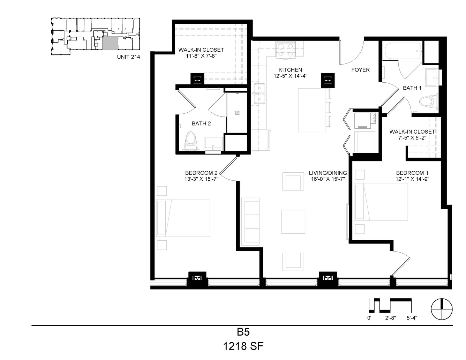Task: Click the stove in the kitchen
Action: coord(286,50)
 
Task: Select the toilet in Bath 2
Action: coord(191,141)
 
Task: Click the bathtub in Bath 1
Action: coord(403,51)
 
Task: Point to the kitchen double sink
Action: coord(259,94)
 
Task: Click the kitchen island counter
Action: coord(312,110)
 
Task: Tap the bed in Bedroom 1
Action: coord(381,202)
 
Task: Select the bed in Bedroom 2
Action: coord(183,218)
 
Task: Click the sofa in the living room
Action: coord(250,222)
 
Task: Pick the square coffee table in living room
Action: coord(293,222)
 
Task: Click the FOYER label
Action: coord(361,70)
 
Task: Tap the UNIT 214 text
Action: coord(128,57)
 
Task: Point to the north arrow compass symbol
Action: coord(442,309)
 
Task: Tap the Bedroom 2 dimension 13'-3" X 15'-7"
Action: coord(201,179)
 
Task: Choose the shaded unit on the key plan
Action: coord(110,43)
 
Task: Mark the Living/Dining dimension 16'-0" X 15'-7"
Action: coord(328,179)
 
